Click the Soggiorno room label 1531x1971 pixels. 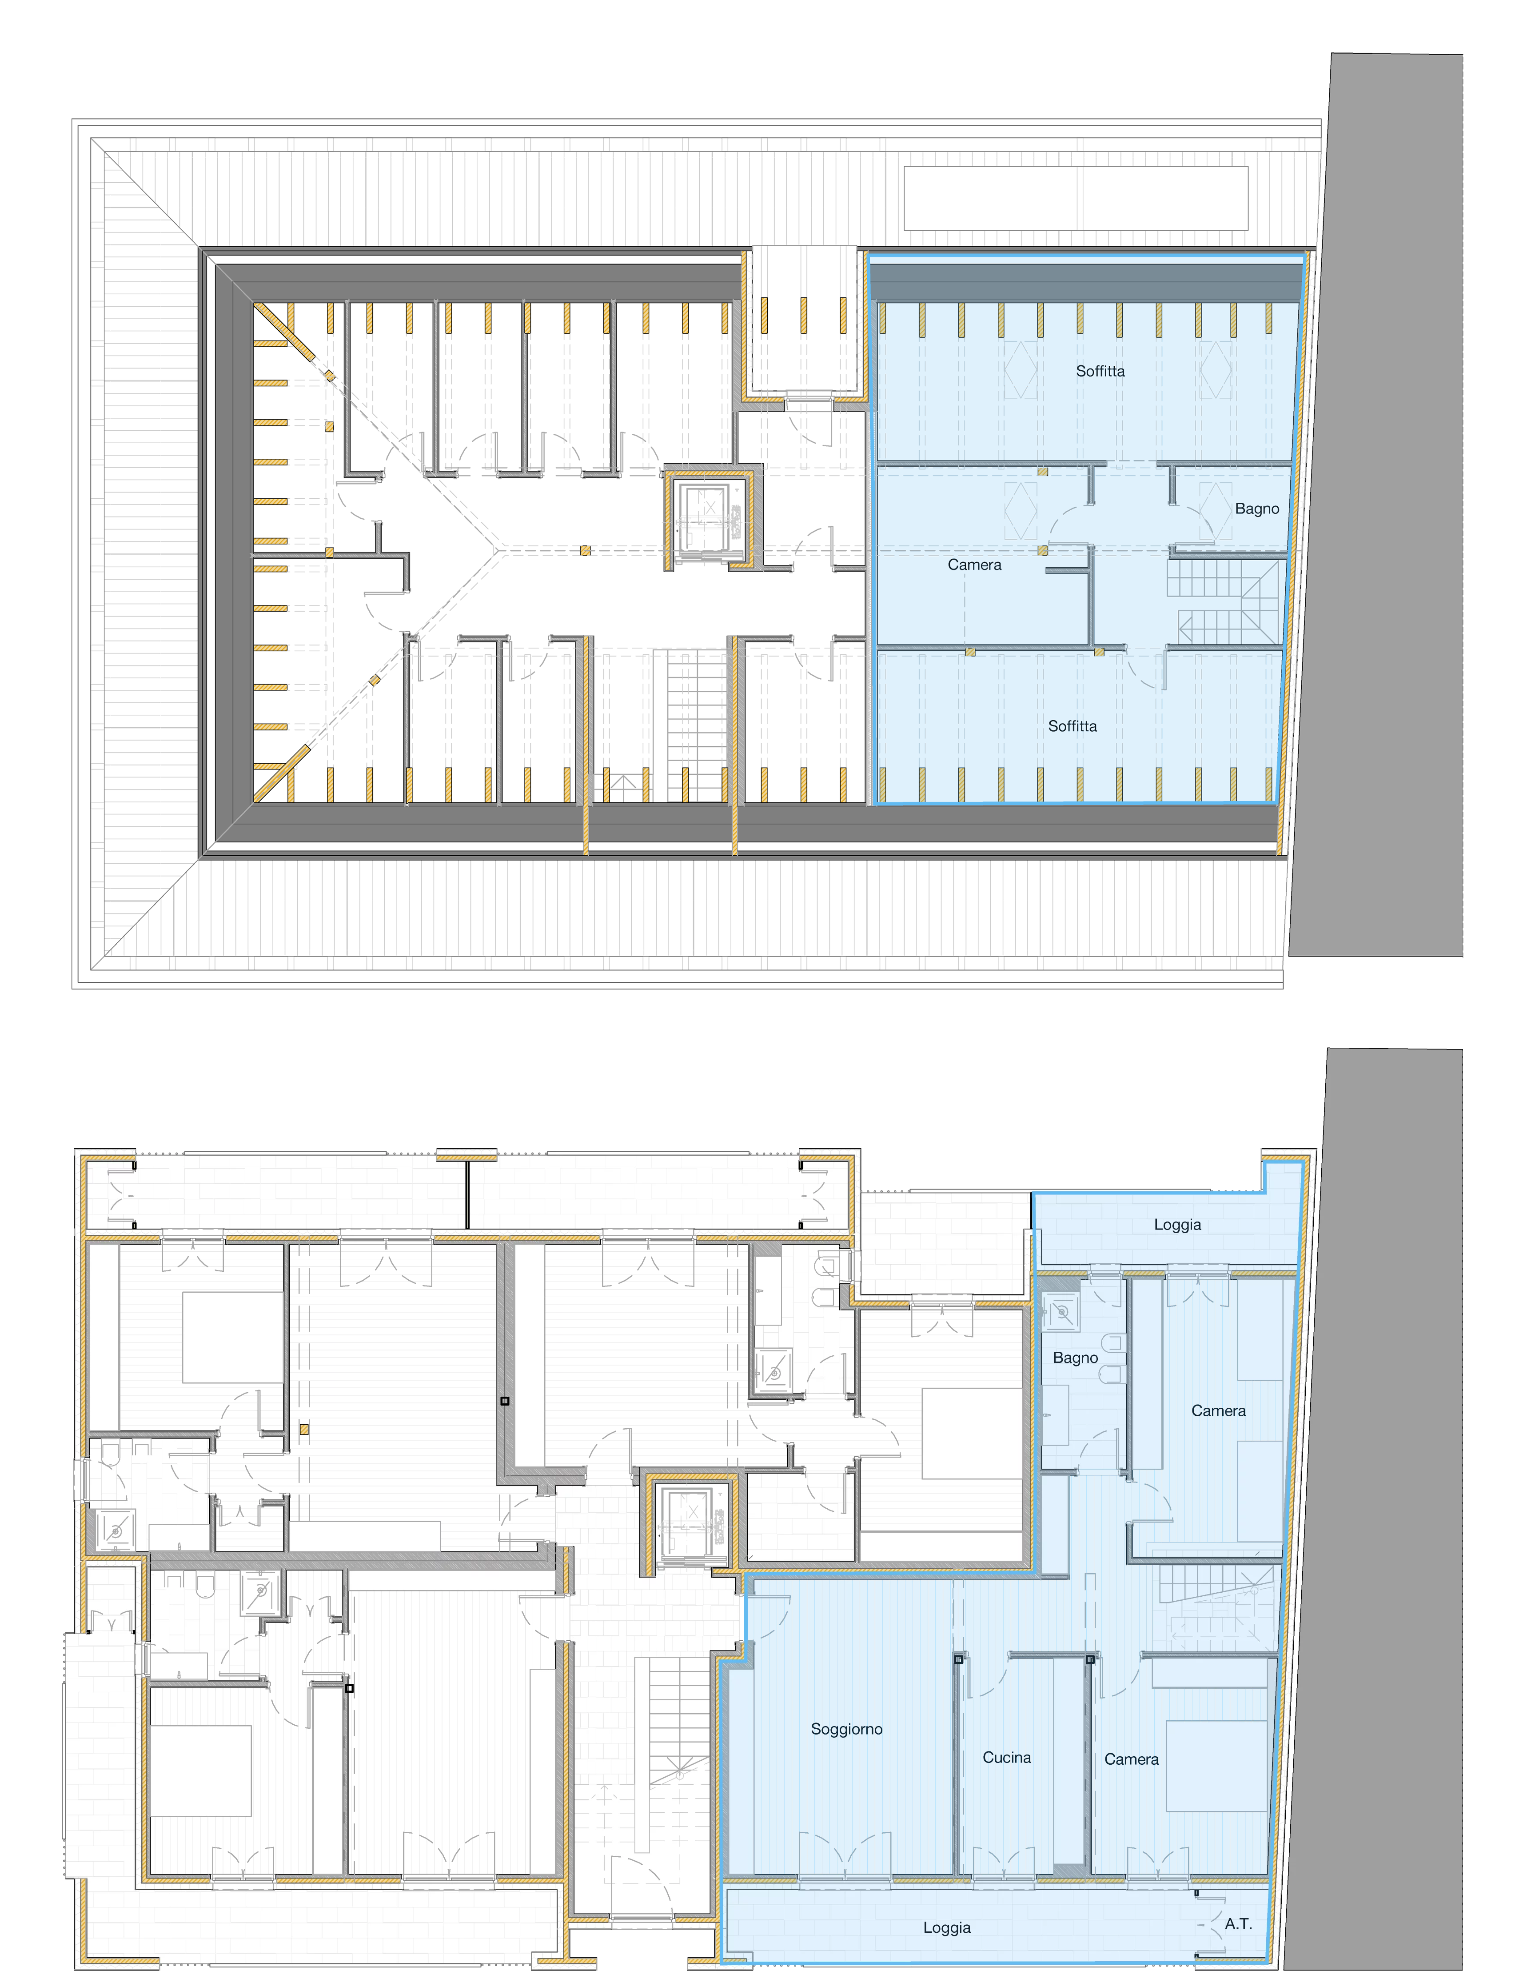point(846,1728)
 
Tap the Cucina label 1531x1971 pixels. point(1007,1756)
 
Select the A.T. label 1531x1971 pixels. point(1238,1923)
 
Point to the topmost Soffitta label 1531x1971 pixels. point(1100,371)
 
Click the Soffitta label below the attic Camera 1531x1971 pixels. point(1072,725)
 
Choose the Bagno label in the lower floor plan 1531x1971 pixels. point(1076,1357)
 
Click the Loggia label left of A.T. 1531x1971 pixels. point(946,1927)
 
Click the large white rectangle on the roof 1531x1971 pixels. point(1076,198)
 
